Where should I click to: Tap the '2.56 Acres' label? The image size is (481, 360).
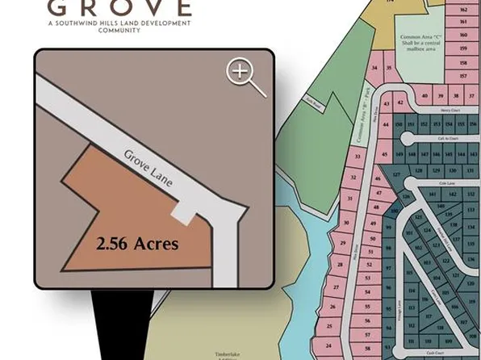(138, 243)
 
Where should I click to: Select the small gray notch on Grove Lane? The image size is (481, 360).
(185, 213)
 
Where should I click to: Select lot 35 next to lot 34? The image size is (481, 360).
(388, 68)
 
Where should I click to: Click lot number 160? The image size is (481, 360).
(463, 35)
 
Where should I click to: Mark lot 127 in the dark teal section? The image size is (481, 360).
(396, 174)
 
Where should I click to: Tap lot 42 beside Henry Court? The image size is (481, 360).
(387, 104)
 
